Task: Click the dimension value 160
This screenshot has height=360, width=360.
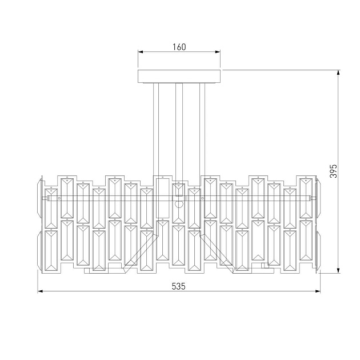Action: pos(179,47)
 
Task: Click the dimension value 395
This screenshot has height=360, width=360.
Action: pos(335,171)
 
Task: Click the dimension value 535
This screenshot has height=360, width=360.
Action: pos(179,286)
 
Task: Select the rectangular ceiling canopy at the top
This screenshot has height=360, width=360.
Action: pos(179,77)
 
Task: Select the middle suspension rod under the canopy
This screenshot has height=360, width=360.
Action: pos(179,129)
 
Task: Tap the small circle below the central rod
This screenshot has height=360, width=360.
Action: pos(179,204)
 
